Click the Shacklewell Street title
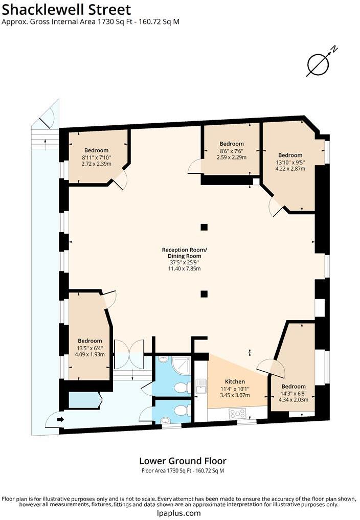(66, 10)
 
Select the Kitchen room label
(235, 382)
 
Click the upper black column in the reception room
(204, 227)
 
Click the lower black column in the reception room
(204, 294)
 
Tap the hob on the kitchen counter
(238, 414)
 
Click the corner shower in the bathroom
(182, 366)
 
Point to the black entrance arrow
(60, 419)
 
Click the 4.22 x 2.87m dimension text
(290, 168)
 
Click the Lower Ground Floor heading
(183, 461)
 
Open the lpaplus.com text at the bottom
(179, 513)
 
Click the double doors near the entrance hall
(129, 354)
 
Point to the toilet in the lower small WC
(182, 411)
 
